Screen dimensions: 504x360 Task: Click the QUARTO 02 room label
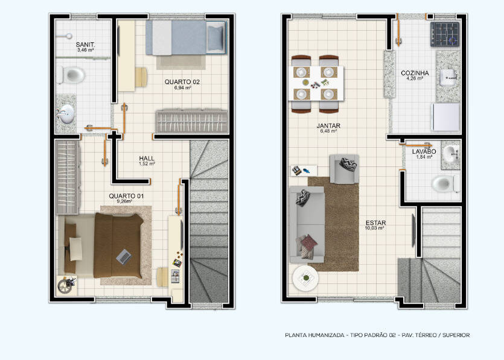click(182, 82)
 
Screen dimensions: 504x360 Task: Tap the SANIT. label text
click(86, 45)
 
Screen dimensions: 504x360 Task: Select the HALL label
click(147, 159)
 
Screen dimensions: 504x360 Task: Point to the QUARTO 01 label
click(126, 196)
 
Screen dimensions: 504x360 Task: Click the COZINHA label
click(415, 73)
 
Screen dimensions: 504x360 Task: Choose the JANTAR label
click(328, 125)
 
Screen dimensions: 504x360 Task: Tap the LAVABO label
click(424, 151)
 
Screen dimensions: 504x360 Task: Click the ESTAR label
click(375, 223)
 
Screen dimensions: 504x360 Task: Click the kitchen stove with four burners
click(445, 34)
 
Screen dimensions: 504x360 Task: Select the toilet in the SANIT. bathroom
click(71, 75)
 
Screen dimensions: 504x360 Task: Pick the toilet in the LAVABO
click(446, 184)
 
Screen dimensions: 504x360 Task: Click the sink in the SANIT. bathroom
click(66, 114)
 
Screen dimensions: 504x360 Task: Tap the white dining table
click(317, 83)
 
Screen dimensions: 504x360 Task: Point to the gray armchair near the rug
click(344, 169)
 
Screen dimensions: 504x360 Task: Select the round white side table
click(305, 278)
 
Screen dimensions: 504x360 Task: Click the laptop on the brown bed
click(124, 256)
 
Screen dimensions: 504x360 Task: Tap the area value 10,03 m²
click(375, 229)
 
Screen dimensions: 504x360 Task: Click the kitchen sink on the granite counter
click(448, 77)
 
